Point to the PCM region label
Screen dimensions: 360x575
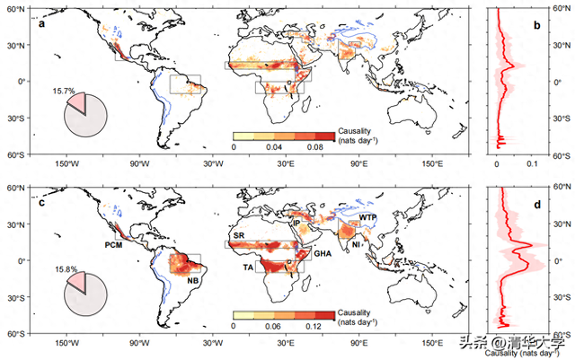pyautogui.click(x=113, y=245)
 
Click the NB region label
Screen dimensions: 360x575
pyautogui.click(x=192, y=280)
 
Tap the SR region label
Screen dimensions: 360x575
pyautogui.click(x=238, y=235)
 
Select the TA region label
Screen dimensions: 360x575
pyautogui.click(x=247, y=268)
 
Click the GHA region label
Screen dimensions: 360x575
pyautogui.click(x=322, y=255)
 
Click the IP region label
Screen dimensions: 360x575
pyautogui.click(x=297, y=222)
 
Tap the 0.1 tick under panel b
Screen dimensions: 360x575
pyautogui.click(x=532, y=164)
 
